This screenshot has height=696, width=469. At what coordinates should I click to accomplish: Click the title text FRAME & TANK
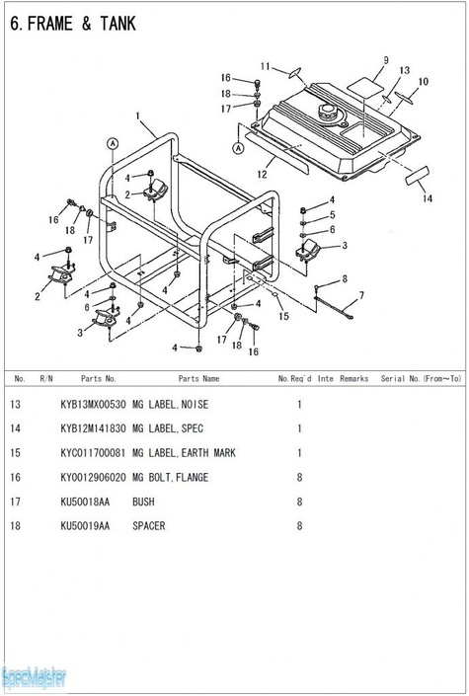click(81, 24)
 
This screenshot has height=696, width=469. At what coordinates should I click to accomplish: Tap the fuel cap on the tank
click(328, 112)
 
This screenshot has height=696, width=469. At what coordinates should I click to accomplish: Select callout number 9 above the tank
click(385, 60)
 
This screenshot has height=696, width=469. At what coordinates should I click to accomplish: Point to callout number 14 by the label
click(428, 198)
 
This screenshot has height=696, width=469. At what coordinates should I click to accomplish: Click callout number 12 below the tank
click(262, 175)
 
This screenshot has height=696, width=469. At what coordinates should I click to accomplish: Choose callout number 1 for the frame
click(137, 116)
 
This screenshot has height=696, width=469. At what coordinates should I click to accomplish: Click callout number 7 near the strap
click(361, 295)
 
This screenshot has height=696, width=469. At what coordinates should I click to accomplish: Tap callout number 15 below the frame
click(283, 316)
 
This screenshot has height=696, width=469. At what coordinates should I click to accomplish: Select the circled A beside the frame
click(113, 143)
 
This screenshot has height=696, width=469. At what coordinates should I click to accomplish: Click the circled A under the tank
click(239, 148)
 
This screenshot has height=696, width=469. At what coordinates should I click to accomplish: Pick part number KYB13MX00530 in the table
click(93, 405)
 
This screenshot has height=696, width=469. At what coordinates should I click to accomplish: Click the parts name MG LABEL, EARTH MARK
click(184, 453)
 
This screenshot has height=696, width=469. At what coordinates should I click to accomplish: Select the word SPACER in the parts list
click(149, 525)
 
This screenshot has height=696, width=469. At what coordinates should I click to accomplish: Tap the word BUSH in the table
click(143, 502)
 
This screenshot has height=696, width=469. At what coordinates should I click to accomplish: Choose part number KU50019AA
click(85, 525)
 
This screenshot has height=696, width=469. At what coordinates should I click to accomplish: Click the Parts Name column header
click(199, 379)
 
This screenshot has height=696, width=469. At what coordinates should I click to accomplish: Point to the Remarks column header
click(354, 379)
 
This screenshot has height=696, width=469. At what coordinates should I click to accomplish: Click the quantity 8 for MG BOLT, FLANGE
click(299, 477)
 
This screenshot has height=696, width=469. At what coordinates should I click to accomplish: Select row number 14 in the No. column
click(15, 428)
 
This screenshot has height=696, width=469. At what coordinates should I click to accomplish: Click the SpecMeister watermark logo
click(34, 678)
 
